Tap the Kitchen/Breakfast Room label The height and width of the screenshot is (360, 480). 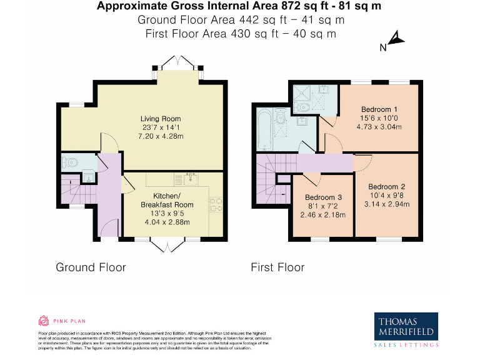167,200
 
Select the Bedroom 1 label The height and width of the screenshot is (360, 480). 376,109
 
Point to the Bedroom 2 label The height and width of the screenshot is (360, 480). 387,187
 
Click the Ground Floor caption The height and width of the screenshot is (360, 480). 91,267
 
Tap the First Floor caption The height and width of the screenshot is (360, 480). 277,267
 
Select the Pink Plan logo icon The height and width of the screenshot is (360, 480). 43,321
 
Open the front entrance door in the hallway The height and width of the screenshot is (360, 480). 109,228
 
